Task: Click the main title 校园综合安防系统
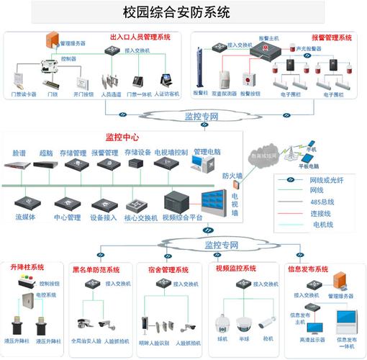[183, 12]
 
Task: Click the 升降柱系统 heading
[27, 268]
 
